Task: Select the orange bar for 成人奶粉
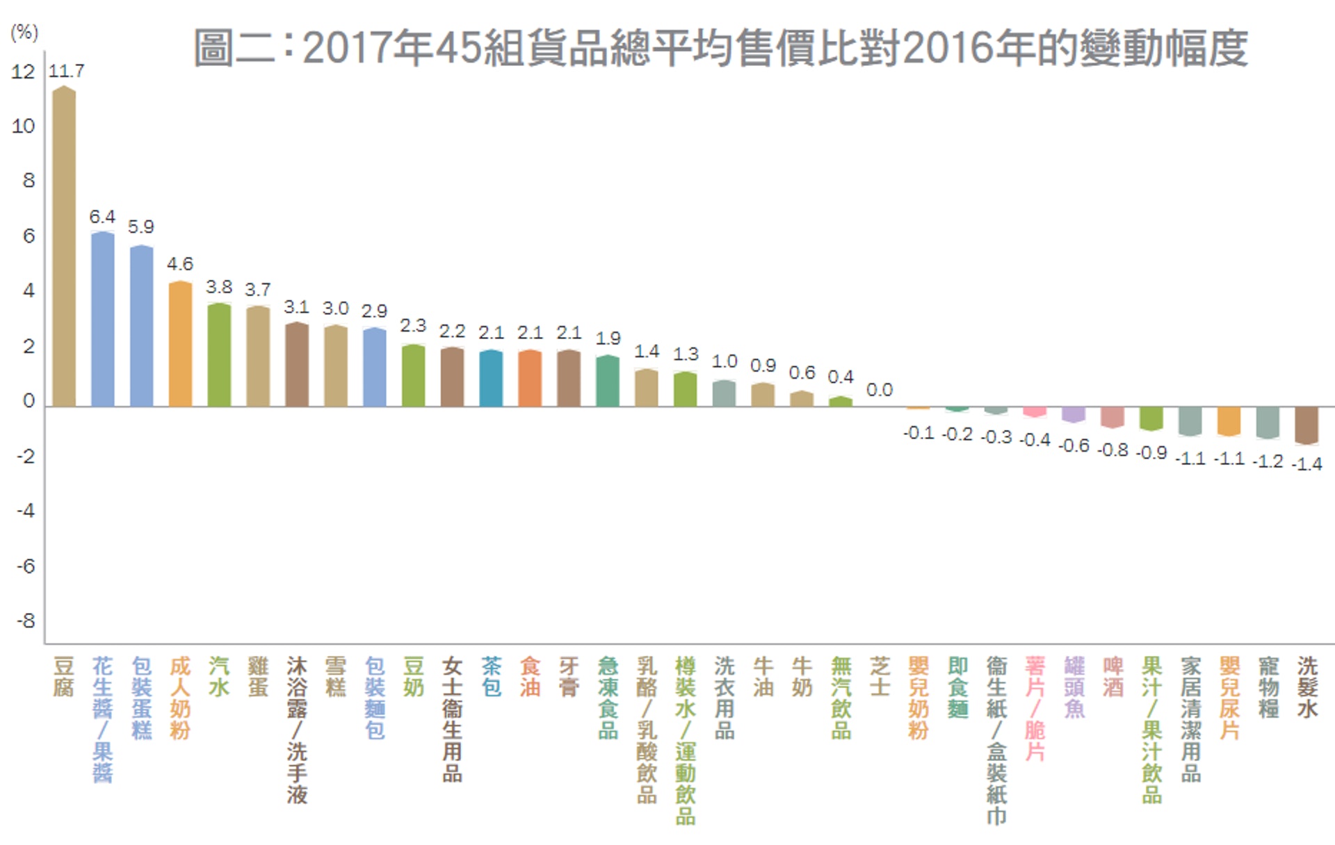pyautogui.click(x=180, y=344)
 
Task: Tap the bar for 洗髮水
pyautogui.click(x=1306, y=425)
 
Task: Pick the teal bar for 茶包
pyautogui.click(x=491, y=378)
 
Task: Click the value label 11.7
pyautogui.click(x=66, y=71)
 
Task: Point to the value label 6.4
pyautogui.click(x=102, y=217)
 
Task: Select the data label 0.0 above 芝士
pyautogui.click(x=879, y=390)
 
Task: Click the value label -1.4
pyautogui.click(x=1306, y=463)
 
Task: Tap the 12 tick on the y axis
pyautogui.click(x=23, y=72)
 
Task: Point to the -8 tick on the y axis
pyautogui.click(x=25, y=621)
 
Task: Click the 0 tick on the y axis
pyautogui.click(x=29, y=401)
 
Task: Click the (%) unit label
pyautogui.click(x=24, y=32)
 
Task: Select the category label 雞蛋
pyautogui.click(x=258, y=677)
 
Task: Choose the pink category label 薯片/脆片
pyautogui.click(x=1035, y=709)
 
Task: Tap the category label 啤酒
pyautogui.click(x=1112, y=677)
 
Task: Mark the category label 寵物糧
pyautogui.click(x=1268, y=687)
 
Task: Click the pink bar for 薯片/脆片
pyautogui.click(x=1035, y=411)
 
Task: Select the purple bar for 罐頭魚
pyautogui.click(x=1074, y=414)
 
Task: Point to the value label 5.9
pyautogui.click(x=141, y=227)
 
